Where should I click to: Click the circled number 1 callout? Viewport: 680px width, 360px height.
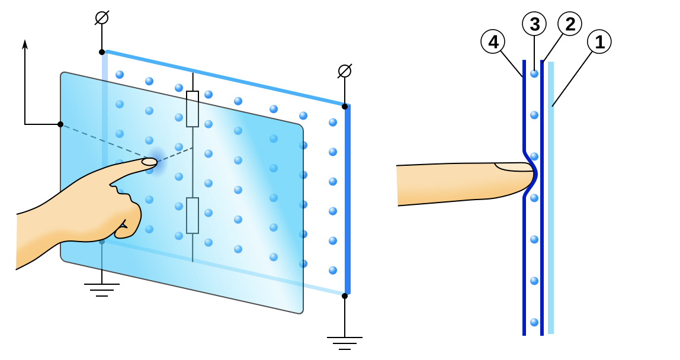599,42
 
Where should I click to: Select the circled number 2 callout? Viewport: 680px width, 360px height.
569,24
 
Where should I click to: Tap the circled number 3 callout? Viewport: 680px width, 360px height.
534,24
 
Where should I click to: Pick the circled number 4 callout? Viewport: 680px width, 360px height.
493,42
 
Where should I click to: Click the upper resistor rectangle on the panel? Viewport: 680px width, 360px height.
193,109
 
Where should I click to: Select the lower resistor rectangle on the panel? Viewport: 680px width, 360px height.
193,216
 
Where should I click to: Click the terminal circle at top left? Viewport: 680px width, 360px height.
102,18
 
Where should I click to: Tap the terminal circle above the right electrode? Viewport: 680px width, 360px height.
345,71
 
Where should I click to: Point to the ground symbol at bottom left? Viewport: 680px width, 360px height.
102,289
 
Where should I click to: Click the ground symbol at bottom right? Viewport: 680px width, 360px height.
344,342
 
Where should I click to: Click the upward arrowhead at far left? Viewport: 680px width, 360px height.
25,44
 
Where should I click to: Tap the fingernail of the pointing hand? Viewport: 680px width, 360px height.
149,162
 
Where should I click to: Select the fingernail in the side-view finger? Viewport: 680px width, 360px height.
514,167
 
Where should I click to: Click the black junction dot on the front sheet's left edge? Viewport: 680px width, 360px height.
60,124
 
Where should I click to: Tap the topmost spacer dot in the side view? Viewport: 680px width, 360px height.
534,74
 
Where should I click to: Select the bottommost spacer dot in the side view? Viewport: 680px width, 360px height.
534,322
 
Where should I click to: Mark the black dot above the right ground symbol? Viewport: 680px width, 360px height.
345,295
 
